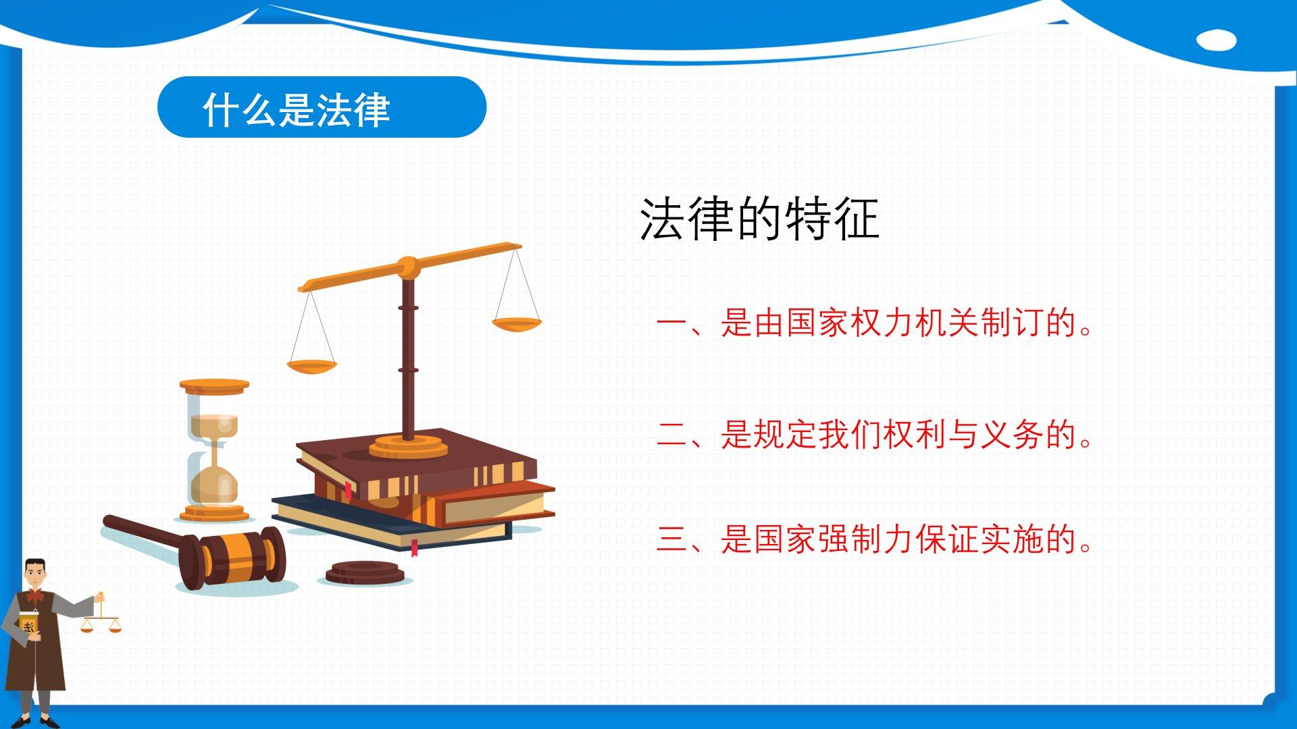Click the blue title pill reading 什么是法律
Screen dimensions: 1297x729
click(x=322, y=107)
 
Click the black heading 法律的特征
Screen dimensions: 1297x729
click(x=759, y=219)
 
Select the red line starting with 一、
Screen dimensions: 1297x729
click(x=875, y=323)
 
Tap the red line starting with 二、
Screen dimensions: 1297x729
click(x=875, y=434)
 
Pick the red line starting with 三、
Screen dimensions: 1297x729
click(x=875, y=539)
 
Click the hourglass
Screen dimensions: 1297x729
click(x=214, y=450)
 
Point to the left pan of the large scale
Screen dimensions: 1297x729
click(x=311, y=367)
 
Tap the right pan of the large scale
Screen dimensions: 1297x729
click(x=517, y=325)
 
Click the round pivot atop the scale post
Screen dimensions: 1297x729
click(x=408, y=267)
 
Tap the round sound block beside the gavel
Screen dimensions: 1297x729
click(x=365, y=574)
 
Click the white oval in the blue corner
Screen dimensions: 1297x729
click(x=1216, y=40)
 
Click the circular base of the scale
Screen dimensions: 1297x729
click(x=408, y=447)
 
